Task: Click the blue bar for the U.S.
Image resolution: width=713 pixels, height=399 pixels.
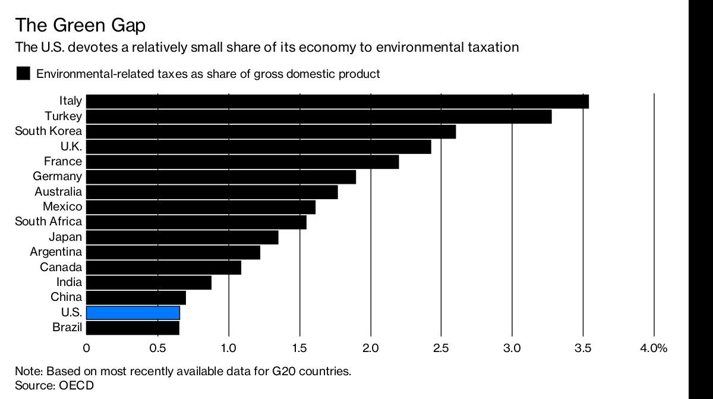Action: pos(133,313)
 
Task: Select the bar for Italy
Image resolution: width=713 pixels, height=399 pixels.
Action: pos(337,102)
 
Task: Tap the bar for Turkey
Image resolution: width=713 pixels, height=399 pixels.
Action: pos(319,117)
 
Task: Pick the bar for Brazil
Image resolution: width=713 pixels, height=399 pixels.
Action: pos(132,328)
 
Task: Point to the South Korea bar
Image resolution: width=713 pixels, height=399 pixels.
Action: pos(271,131)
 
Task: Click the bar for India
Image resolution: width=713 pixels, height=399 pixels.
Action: pos(149,282)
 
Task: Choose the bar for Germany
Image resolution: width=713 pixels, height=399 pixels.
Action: pos(221,177)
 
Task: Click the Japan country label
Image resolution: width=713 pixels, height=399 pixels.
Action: pos(65,237)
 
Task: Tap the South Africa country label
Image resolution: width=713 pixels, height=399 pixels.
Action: pos(48,221)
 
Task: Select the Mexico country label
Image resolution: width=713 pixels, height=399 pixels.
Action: pos(62,206)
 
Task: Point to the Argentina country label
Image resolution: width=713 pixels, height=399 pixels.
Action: pos(56,252)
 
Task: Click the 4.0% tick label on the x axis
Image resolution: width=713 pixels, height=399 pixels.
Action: pos(654,348)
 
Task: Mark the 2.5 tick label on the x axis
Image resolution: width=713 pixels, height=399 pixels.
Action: pos(441,348)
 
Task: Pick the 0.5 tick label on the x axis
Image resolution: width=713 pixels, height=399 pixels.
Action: pos(157,348)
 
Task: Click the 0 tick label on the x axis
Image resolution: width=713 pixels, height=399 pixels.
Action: pos(86,348)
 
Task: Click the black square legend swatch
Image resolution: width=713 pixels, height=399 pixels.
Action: pos(23,73)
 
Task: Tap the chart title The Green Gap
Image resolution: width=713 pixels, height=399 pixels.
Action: pos(80,25)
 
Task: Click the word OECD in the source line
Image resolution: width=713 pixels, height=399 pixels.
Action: pos(77,385)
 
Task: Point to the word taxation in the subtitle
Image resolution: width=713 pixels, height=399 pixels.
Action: pos(493,47)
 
